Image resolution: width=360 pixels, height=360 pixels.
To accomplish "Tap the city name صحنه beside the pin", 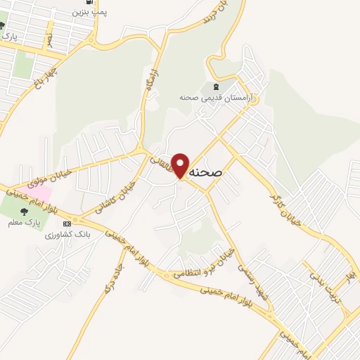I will click(207, 171).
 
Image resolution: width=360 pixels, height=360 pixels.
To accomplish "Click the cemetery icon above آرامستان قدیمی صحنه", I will click(212, 86).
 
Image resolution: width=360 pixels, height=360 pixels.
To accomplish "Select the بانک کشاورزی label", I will click(64, 234).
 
